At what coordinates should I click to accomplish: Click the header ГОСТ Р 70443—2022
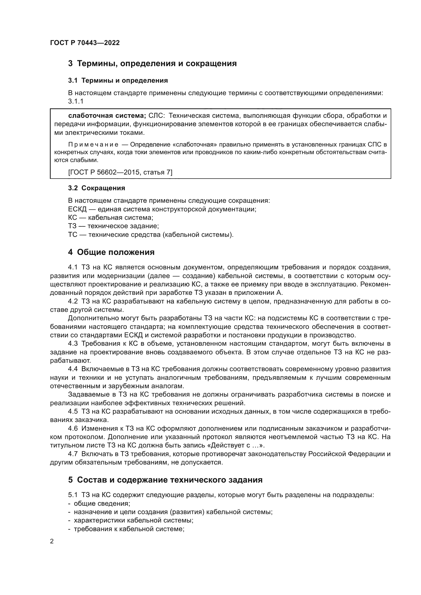coord(85,43)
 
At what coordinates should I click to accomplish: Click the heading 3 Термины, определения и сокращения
coord(152,64)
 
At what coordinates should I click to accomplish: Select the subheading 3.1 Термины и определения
coord(118,81)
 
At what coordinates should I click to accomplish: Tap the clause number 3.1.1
coord(76,101)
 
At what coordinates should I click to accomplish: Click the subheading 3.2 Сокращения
coord(96,188)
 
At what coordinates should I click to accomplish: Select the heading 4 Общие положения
coord(111,252)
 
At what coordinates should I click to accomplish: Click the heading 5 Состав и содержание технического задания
coord(165,480)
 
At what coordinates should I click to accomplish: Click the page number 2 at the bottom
coord(52,541)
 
